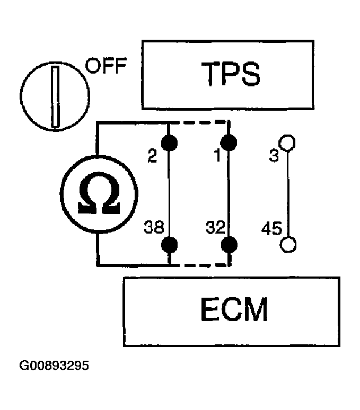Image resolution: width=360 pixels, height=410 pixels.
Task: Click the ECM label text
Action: coord(234,311)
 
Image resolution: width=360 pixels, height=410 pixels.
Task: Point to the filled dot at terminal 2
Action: coord(170,142)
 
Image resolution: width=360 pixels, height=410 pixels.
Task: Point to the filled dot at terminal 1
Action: coord(229,142)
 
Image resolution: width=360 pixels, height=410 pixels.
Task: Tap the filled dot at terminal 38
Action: coord(170,244)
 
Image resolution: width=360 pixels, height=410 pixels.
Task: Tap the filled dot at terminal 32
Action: coord(229,244)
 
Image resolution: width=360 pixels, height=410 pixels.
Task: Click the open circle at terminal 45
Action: coord(288,244)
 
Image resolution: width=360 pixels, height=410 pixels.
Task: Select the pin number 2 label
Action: coord(152,157)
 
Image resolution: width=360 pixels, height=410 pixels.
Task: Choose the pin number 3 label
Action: coord(274,157)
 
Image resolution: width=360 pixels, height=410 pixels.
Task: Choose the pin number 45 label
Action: coord(272,230)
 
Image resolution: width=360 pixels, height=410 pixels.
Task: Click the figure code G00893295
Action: coord(55,366)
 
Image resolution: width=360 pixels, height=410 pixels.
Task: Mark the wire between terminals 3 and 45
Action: coord(288,193)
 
